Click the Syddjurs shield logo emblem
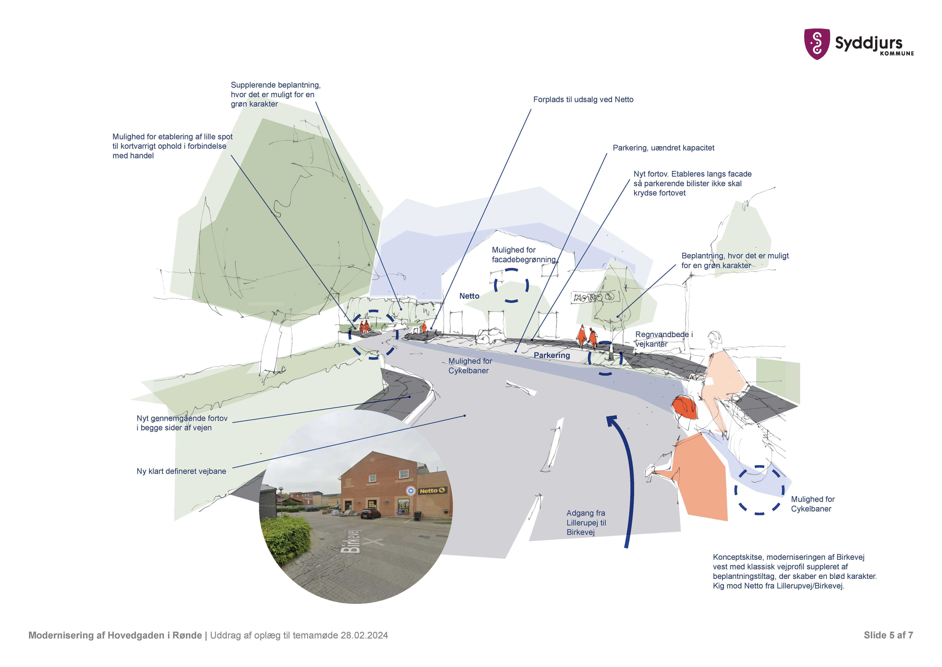pos(816,44)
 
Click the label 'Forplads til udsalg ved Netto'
pos(583,99)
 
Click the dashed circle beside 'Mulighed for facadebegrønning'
pos(511,286)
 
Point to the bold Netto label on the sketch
pos(469,296)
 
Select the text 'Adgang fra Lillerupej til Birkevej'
pos(586,522)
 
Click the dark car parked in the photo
pos(370,513)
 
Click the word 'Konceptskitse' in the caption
pos(737,557)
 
